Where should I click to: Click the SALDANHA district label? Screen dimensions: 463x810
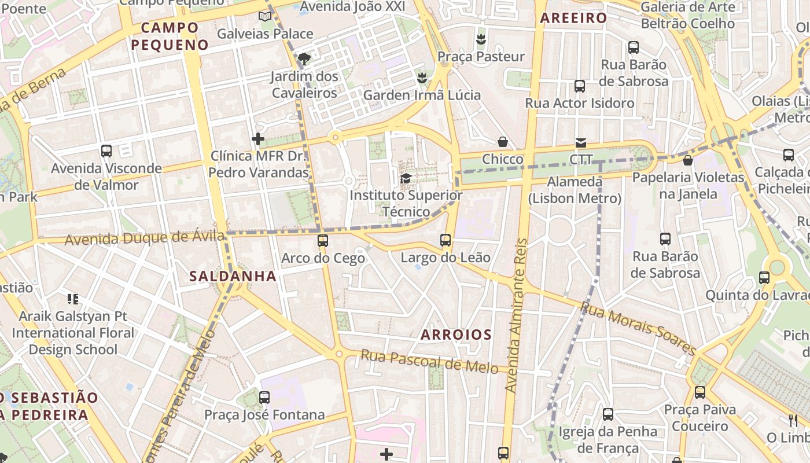click(233, 276)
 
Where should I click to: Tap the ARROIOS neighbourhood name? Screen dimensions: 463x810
click(456, 335)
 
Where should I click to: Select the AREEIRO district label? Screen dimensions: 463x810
click(573, 18)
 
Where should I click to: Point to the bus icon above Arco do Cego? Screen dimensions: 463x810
click(323, 240)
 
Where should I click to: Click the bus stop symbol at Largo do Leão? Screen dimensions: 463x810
click(445, 240)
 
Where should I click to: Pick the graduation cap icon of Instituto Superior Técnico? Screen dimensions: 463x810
click(406, 178)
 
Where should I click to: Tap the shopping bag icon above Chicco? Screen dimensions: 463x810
click(503, 142)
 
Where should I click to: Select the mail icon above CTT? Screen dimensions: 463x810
click(580, 142)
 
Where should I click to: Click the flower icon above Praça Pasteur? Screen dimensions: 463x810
click(480, 39)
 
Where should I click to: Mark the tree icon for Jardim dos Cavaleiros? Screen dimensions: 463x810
click(303, 58)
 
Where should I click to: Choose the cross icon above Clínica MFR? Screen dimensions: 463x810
click(258, 139)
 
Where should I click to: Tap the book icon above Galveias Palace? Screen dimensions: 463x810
click(265, 16)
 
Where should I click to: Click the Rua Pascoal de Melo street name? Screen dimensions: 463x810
click(429, 361)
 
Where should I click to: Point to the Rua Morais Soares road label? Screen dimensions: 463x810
click(639, 328)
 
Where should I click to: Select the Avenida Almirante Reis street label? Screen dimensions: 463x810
click(517, 315)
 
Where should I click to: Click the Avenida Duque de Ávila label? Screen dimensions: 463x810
click(144, 237)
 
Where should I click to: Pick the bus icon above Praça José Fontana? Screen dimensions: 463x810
click(264, 398)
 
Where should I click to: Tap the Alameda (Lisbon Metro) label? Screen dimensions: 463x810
click(575, 190)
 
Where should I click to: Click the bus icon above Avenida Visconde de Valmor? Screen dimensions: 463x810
click(106, 151)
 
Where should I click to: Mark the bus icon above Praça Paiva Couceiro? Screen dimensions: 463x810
click(700, 392)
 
